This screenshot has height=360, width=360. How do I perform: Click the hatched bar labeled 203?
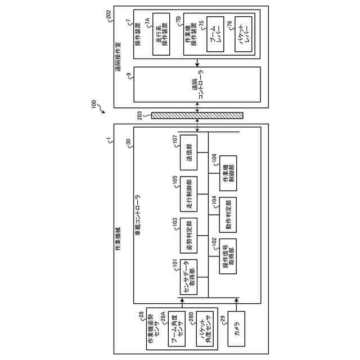click(197, 116)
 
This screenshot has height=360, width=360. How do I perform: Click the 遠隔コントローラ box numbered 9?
click(197, 85)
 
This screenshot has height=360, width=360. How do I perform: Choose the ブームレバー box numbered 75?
click(215, 36)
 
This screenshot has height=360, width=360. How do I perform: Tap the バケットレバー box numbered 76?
click(244, 36)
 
